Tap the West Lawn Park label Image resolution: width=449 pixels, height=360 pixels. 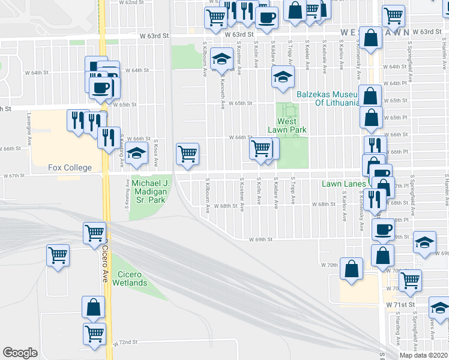tap(291, 125)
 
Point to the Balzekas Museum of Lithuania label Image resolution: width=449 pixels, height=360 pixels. tap(328, 98)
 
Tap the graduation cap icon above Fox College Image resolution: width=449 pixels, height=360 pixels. tap(136, 153)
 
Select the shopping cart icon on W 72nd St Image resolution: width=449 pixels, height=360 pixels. tap(94, 334)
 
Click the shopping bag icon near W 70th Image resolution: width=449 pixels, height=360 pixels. tap(351, 269)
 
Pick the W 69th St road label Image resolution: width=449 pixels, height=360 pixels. tap(262, 239)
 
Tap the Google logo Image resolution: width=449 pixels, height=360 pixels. tap(20, 353)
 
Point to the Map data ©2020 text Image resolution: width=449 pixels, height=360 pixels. tap(423, 355)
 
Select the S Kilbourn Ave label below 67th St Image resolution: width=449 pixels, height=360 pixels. tap(208, 196)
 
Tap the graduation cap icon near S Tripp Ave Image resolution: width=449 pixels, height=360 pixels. tap(282, 77)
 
